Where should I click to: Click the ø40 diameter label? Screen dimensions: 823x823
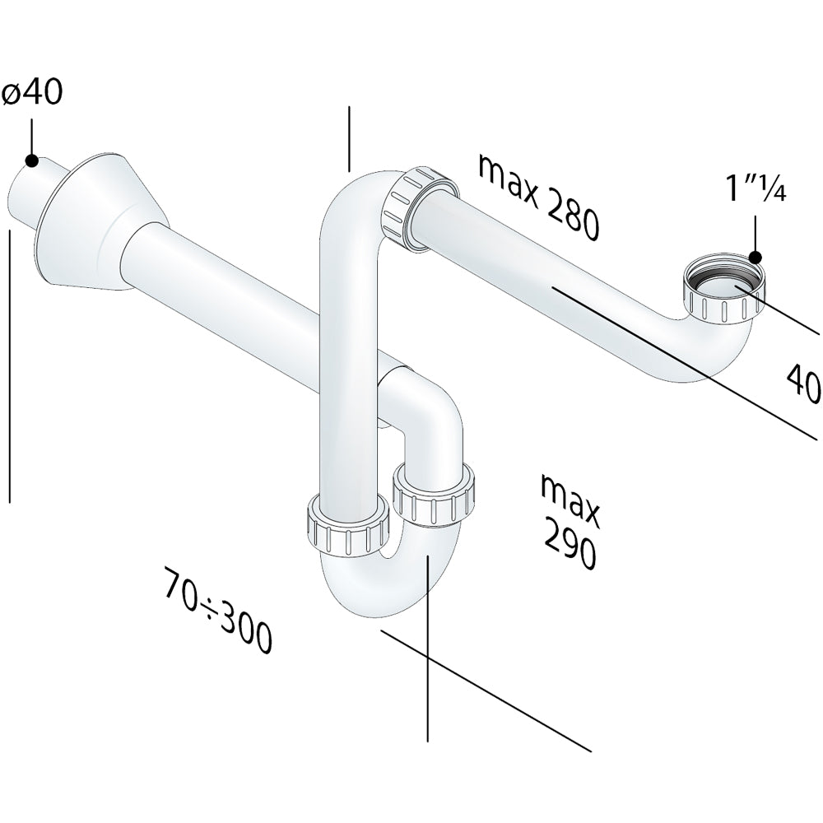(33, 94)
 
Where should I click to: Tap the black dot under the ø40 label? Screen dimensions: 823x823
(31, 160)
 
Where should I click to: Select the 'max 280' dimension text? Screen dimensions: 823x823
(538, 197)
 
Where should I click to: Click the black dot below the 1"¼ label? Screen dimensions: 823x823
(756, 257)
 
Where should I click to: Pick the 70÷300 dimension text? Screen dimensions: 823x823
(218, 609)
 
